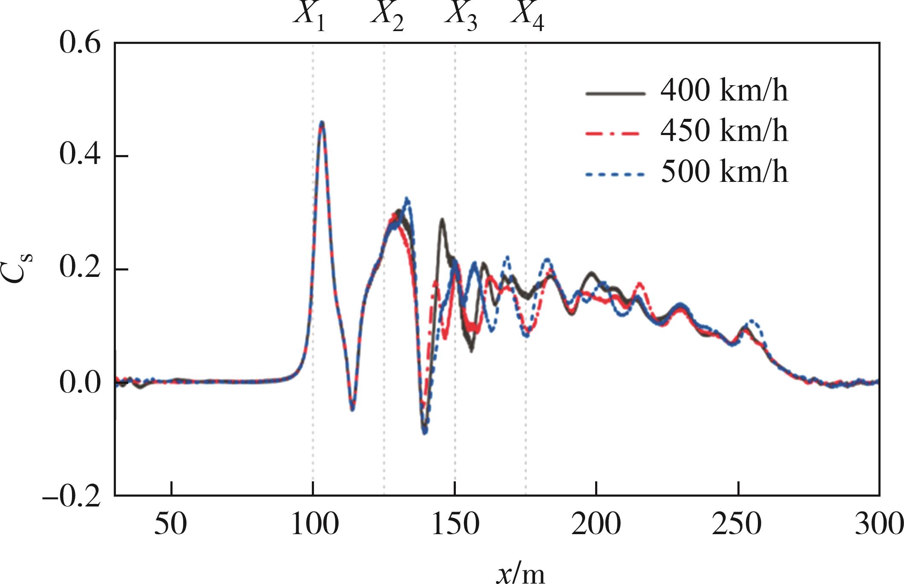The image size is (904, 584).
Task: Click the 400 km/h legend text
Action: pos(724,91)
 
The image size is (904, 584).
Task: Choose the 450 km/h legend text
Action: pos(724,131)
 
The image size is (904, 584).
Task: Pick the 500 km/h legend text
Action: pos(724,172)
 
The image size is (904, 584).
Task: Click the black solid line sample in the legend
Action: pos(616,93)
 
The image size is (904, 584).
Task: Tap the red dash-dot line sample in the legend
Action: pos(616,133)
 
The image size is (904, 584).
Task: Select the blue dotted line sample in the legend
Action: pos(616,174)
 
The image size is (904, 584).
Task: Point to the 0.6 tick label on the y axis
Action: pos(80,43)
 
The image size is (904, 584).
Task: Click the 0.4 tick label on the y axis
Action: pos(80,155)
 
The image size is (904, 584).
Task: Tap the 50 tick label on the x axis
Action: pos(170,524)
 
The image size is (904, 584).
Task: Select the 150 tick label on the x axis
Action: pos(455,524)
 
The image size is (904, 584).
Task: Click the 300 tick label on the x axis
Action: pos(879,524)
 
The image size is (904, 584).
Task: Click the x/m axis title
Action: pos(520,573)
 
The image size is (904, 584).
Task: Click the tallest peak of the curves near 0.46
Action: pos(322,123)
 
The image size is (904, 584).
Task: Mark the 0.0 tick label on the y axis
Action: pos(80,383)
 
